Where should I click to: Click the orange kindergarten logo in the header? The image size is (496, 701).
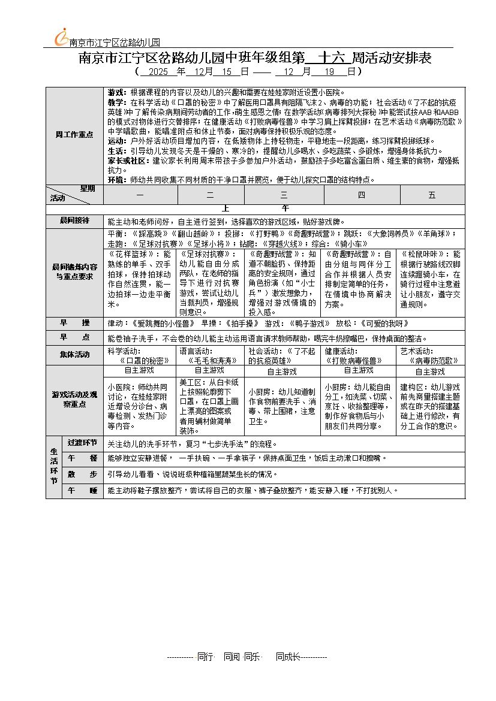click(x=61, y=37)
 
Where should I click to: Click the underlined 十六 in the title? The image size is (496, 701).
click(x=333, y=58)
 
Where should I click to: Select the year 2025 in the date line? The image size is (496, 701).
click(x=158, y=71)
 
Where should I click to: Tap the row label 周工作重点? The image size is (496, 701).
click(x=74, y=134)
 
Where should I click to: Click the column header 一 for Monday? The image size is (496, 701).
click(x=140, y=195)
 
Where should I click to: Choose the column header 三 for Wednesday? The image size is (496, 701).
click(x=283, y=195)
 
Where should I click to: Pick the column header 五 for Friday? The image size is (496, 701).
click(x=432, y=195)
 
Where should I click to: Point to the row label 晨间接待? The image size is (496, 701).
click(x=74, y=220)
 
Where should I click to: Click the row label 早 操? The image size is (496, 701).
click(x=74, y=323)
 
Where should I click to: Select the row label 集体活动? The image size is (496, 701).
click(x=74, y=355)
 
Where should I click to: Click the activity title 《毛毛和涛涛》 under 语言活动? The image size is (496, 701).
click(x=213, y=361)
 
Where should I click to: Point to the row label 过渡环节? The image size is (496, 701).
click(x=83, y=443)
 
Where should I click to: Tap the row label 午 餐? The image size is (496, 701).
click(x=83, y=458)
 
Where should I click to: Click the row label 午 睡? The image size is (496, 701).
click(x=83, y=490)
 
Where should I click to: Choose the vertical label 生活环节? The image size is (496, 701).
click(x=54, y=467)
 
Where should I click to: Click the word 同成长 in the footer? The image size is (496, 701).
click(x=287, y=657)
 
